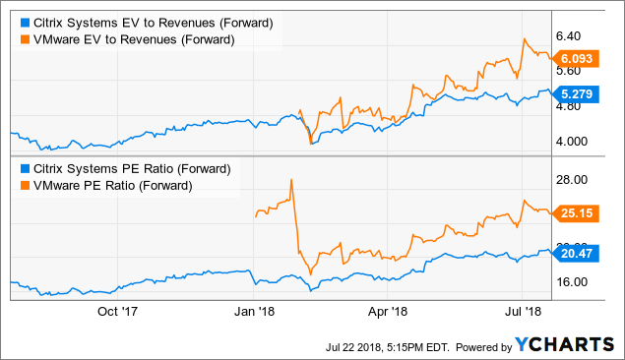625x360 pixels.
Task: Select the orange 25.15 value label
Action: pyautogui.click(x=576, y=212)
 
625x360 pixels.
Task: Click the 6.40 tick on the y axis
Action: pyautogui.click(x=574, y=35)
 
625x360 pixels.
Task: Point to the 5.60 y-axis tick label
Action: pyautogui.click(x=574, y=71)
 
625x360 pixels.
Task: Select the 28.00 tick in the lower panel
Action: pyautogui.click(x=576, y=179)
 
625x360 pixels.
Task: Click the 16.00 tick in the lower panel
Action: pyautogui.click(x=576, y=281)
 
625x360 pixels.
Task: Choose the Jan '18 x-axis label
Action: pyautogui.click(x=254, y=313)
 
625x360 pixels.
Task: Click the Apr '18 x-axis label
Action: pyautogui.click(x=388, y=313)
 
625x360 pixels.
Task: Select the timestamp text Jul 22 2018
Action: pyautogui.click(x=359, y=346)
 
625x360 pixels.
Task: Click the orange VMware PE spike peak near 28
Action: pyautogui.click(x=291, y=180)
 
